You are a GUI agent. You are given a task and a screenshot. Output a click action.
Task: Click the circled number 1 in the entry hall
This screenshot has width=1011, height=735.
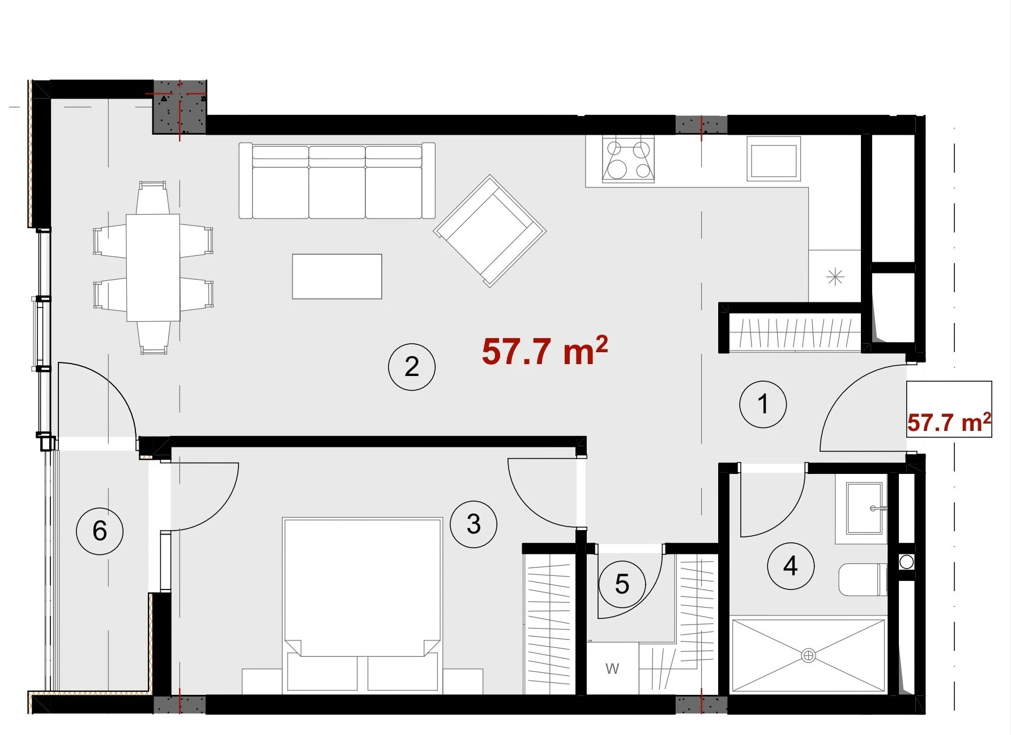coord(763,404)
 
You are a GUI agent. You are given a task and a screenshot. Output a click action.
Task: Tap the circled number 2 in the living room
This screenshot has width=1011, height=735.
coord(412,367)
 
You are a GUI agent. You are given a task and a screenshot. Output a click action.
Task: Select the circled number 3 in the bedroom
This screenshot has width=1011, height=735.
coord(473,524)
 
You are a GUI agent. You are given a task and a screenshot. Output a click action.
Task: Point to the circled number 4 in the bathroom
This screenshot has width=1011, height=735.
coord(791,566)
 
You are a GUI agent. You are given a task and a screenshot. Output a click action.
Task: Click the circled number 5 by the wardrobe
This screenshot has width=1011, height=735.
coord(622,584)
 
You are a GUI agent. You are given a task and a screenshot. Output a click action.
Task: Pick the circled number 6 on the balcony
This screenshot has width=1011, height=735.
coord(100,531)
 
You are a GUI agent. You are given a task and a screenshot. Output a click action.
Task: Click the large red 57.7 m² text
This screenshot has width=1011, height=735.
coord(545,351)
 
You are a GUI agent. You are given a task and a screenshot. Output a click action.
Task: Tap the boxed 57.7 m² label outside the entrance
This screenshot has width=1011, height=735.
coord(949,422)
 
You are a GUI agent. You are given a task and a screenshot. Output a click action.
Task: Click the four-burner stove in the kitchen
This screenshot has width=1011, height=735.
coord(628,159)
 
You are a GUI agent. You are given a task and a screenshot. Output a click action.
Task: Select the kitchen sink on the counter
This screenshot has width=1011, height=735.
coord(774,159)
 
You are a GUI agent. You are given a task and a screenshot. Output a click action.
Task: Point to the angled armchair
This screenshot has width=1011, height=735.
coord(490,231)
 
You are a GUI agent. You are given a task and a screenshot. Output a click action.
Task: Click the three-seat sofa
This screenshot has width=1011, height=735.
coord(337,181)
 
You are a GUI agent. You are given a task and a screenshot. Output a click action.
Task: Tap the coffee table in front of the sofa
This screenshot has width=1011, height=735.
coord(337,276)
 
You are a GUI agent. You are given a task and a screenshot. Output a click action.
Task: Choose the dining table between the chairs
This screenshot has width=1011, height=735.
coord(153,267)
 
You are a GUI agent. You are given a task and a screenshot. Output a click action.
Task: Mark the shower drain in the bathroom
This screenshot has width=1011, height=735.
coord(809,656)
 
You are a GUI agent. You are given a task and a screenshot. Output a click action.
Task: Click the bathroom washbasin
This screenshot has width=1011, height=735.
coord(864,508)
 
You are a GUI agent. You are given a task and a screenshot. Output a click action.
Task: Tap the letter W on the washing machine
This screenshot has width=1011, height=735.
coord(612,669)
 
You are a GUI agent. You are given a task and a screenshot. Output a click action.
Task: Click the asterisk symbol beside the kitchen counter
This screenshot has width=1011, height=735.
coord(835,277)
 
